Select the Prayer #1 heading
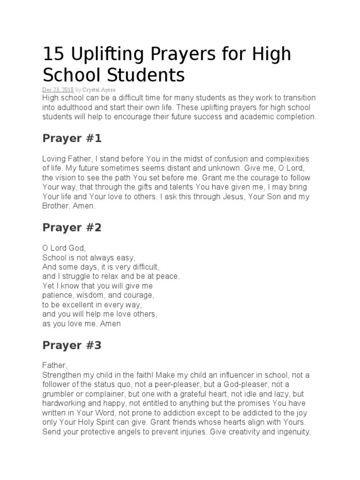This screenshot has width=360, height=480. pyautogui.click(x=72, y=139)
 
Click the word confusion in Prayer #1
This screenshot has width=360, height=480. pyautogui.click(x=226, y=159)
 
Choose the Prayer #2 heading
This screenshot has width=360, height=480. pyautogui.click(x=72, y=228)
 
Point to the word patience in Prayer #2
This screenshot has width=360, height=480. pyautogui.click(x=58, y=295)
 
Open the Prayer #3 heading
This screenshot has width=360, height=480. pyautogui.click(x=72, y=346)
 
